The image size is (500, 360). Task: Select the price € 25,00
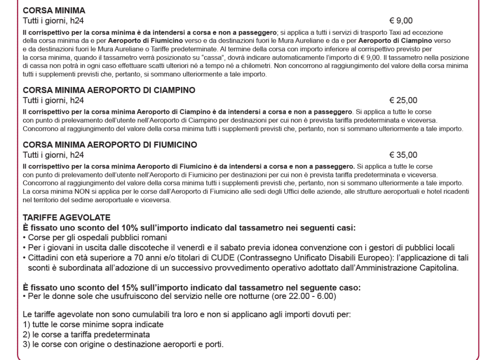[403, 101]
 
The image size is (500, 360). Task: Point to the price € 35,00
[403, 155]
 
